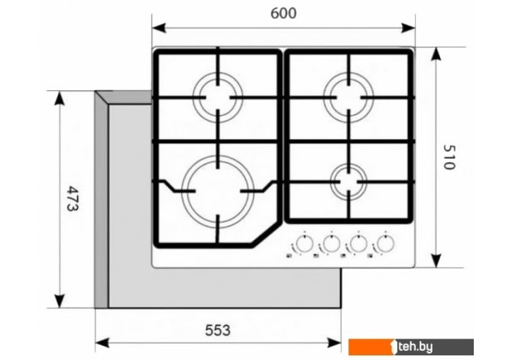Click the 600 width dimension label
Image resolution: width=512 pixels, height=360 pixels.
tap(284, 14)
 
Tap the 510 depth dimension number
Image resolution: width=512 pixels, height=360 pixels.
tap(449, 157)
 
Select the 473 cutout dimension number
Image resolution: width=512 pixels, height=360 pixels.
tap(73, 199)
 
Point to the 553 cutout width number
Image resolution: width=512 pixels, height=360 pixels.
tap(218, 330)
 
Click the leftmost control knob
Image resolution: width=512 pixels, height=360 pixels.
tap(304, 243)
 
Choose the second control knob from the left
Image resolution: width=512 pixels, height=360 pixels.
tap(332, 243)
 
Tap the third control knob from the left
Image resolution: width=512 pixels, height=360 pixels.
tap(358, 243)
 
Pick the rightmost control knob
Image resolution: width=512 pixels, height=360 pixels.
tap(385, 243)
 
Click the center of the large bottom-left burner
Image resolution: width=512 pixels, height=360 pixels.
tap(218, 191)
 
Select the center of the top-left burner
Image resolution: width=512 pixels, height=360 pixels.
tap(218, 97)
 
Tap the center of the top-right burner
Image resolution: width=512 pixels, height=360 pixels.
tap(348, 97)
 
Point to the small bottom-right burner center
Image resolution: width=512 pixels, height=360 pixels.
tap(348, 182)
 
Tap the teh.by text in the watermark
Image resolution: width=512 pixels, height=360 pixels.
tap(416, 347)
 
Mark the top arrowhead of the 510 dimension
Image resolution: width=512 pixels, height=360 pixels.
tap(436, 54)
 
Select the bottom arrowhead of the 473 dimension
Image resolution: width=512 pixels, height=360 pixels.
tap(59, 301)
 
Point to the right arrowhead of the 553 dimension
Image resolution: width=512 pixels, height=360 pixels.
tap(334, 343)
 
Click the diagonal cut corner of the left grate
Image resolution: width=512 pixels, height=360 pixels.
tap(265, 234)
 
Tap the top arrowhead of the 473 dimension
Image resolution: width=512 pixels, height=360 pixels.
tap(59, 98)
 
